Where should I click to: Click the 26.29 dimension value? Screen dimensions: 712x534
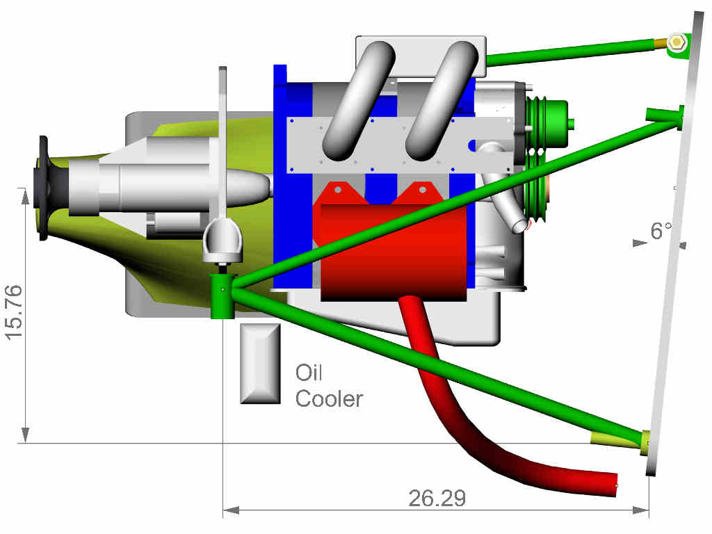click(x=437, y=498)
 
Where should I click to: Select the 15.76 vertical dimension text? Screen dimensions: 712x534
click(x=14, y=312)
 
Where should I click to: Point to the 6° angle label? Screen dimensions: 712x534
click(x=661, y=231)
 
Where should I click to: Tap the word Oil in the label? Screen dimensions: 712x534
click(x=309, y=373)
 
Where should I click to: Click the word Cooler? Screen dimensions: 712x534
click(x=329, y=399)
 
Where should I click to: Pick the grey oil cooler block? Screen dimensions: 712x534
click(x=260, y=363)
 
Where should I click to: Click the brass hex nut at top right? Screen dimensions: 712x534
click(x=677, y=42)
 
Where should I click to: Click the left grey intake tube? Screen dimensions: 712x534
click(x=359, y=101)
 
